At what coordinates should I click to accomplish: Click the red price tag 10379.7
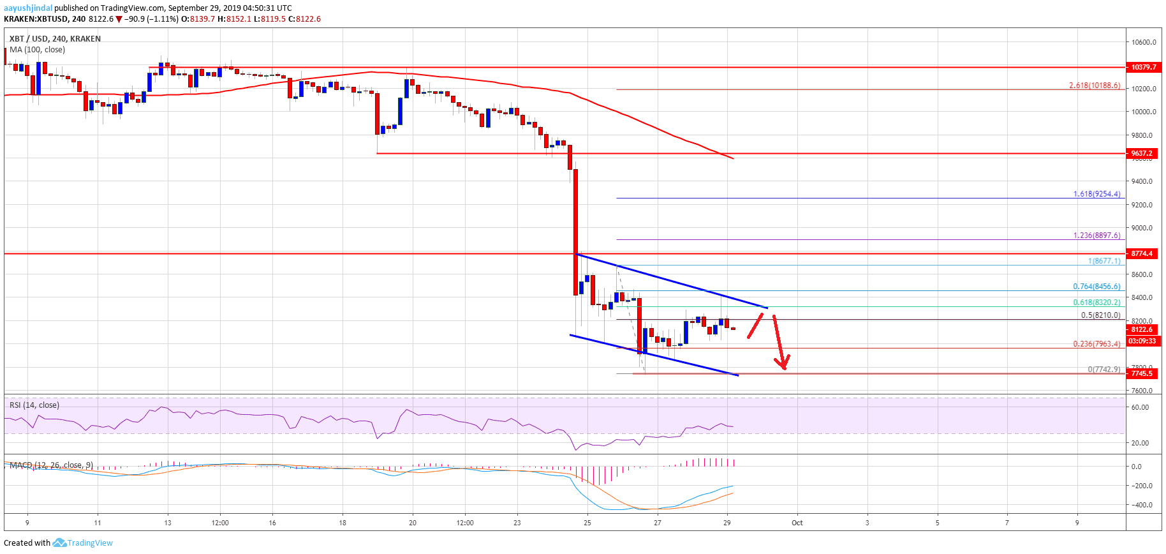click(x=1142, y=67)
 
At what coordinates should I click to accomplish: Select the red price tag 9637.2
click(x=1142, y=153)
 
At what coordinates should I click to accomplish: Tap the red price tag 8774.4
click(x=1142, y=253)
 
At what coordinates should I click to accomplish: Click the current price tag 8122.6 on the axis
click(x=1142, y=329)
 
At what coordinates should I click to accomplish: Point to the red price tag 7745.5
click(x=1142, y=373)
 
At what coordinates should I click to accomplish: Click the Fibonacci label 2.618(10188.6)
click(x=1095, y=86)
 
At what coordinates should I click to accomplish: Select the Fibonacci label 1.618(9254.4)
click(x=1096, y=194)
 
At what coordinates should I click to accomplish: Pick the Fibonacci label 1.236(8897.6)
click(x=1096, y=236)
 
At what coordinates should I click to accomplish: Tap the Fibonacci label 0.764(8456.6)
click(x=1096, y=287)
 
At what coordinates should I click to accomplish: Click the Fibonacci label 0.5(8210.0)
click(x=1100, y=315)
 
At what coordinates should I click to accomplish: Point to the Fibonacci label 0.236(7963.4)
click(x=1096, y=344)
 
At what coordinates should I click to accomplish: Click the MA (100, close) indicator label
click(x=37, y=50)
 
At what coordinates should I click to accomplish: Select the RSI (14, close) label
click(x=34, y=405)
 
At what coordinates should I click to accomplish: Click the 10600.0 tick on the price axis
click(x=1144, y=43)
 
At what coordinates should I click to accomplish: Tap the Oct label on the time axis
click(x=797, y=523)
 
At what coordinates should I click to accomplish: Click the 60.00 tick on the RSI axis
click(x=1140, y=407)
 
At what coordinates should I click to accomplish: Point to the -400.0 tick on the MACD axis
click(x=1141, y=505)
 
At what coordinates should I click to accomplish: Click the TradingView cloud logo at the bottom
click(x=59, y=543)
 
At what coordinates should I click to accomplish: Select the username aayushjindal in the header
click(x=28, y=8)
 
